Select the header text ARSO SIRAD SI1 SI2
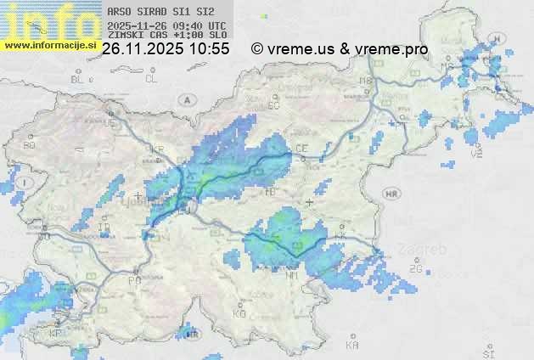click(x=155, y=12)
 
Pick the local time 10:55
click(x=209, y=49)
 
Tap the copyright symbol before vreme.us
click(x=256, y=49)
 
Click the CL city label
click(x=151, y=79)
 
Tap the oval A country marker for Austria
click(x=185, y=99)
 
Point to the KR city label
click(x=156, y=149)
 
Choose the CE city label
click(x=301, y=148)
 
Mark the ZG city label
click(x=415, y=268)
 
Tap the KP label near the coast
click(x=57, y=333)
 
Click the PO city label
click(x=134, y=279)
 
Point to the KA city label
click(x=352, y=345)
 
